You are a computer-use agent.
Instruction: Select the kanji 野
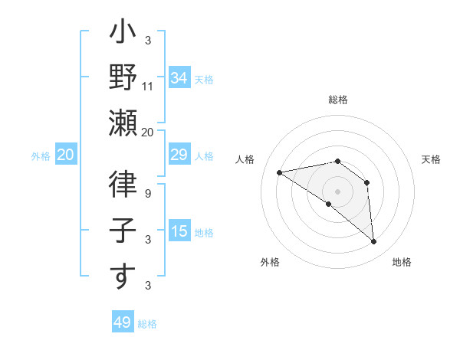(x=123, y=78)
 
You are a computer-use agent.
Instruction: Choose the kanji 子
(x=123, y=233)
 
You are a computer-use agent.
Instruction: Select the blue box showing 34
(x=179, y=77)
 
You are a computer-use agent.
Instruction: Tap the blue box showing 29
(x=179, y=155)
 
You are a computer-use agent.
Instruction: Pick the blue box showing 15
(x=179, y=231)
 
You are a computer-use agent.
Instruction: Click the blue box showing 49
(x=123, y=322)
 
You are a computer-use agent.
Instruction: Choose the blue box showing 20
(x=65, y=155)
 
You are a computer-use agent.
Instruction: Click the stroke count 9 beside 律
(x=148, y=194)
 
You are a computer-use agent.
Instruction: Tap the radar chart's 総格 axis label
(x=337, y=100)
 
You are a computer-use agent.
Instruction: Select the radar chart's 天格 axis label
(x=431, y=159)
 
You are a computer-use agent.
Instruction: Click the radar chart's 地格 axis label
(x=402, y=263)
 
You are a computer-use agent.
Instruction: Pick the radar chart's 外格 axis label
(x=270, y=263)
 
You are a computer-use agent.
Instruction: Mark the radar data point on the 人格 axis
(x=280, y=172)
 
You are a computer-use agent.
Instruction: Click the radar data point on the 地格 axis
(x=374, y=242)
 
